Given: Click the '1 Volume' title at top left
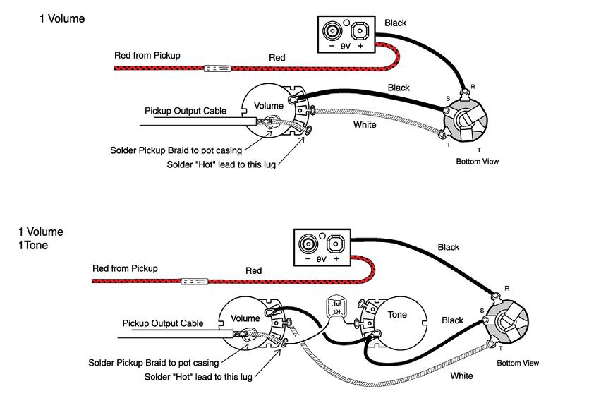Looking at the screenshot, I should click(x=62, y=19).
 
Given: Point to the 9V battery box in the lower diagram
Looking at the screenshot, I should click(x=322, y=248).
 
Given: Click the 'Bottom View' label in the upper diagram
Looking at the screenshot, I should click(x=478, y=162).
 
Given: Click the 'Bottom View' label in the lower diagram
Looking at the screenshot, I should click(x=518, y=363).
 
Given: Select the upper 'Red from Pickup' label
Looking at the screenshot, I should click(x=147, y=55).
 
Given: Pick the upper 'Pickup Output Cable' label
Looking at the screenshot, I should click(x=186, y=111).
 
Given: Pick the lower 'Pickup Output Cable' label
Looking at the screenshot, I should click(x=163, y=323).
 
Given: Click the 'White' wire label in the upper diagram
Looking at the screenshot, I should click(x=365, y=125).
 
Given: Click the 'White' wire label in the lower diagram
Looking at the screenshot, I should click(x=462, y=376).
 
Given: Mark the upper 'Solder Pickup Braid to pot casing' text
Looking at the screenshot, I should click(x=176, y=150).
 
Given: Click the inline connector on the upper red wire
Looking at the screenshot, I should click(x=217, y=68).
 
